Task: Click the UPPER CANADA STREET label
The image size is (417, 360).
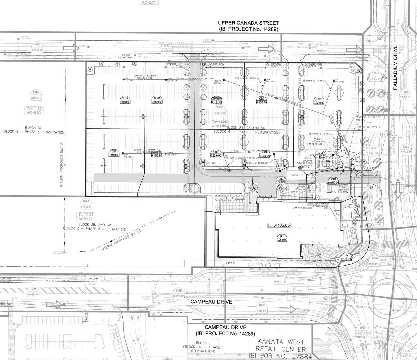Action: pos(248,23)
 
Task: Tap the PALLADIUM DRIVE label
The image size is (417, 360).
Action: pos(395,67)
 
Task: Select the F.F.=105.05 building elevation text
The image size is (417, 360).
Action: pos(279,225)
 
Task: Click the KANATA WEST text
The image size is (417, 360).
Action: pos(280,342)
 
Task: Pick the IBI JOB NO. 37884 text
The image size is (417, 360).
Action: pos(280,357)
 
